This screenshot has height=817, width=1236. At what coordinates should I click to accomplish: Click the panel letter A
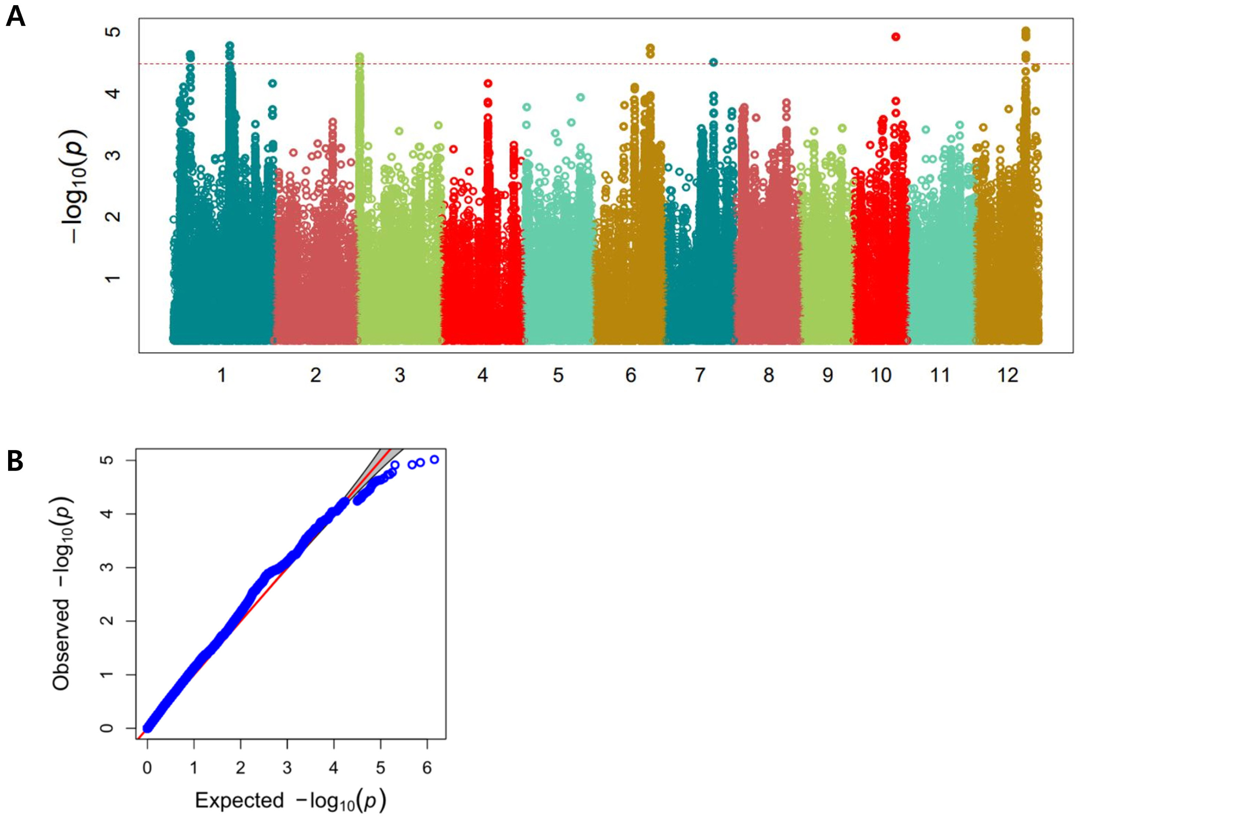click(x=15, y=17)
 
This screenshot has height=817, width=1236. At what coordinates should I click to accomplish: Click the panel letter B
click(x=15, y=462)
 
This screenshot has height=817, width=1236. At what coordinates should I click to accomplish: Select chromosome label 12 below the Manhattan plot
click(x=1007, y=375)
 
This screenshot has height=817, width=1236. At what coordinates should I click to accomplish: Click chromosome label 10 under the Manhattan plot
click(x=881, y=375)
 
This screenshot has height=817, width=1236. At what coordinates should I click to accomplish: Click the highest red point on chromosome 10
click(x=895, y=37)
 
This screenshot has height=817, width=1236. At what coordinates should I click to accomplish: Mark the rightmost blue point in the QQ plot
click(x=435, y=459)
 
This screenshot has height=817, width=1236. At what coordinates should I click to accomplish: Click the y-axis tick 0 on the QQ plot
click(x=108, y=728)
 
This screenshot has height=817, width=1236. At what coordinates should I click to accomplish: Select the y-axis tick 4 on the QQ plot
click(x=108, y=514)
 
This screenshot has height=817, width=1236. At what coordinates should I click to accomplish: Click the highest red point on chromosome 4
click(x=488, y=83)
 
